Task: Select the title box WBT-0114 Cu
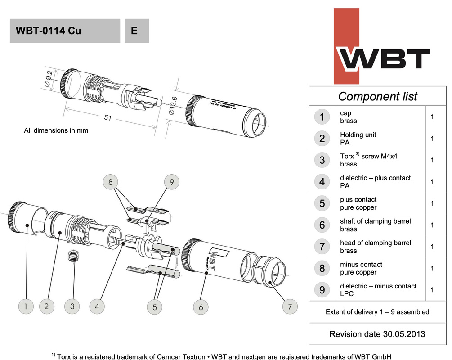point(65,31)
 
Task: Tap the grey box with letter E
point(136,31)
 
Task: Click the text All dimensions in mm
point(56,130)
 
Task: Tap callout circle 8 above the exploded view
point(111,182)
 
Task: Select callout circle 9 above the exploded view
point(171,182)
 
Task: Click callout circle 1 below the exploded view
point(27,306)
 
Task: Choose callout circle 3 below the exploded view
point(72,306)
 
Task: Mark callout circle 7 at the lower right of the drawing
point(291,307)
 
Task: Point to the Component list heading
point(377,96)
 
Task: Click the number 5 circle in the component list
point(322,203)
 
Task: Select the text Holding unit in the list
point(358,135)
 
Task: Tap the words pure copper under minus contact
point(358,272)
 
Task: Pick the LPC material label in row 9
point(347,294)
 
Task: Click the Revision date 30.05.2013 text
point(377,334)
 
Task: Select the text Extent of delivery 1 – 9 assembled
point(377,311)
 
